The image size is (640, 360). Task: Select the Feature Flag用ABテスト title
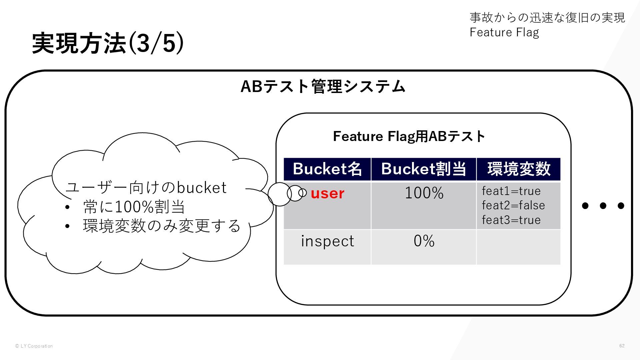[x=409, y=136]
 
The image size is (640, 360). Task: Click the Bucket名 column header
[x=327, y=169]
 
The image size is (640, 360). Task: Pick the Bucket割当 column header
[x=424, y=169]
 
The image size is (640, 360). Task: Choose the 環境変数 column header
[x=519, y=169]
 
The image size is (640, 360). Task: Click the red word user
[x=327, y=193]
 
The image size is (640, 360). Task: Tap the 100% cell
[x=424, y=193]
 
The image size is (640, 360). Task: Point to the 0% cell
[x=424, y=241]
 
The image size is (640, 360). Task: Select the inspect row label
[x=327, y=241]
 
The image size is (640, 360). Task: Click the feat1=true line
[x=511, y=191]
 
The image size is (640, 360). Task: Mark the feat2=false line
[x=513, y=205]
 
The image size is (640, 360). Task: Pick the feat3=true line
[x=511, y=220]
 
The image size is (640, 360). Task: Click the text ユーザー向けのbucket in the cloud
[x=146, y=188]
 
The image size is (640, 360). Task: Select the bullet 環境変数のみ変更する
[x=162, y=226]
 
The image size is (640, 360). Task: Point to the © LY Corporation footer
[x=34, y=346]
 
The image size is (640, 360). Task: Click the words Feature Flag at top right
[x=504, y=32]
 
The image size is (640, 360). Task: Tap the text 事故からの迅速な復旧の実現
[x=547, y=17]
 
